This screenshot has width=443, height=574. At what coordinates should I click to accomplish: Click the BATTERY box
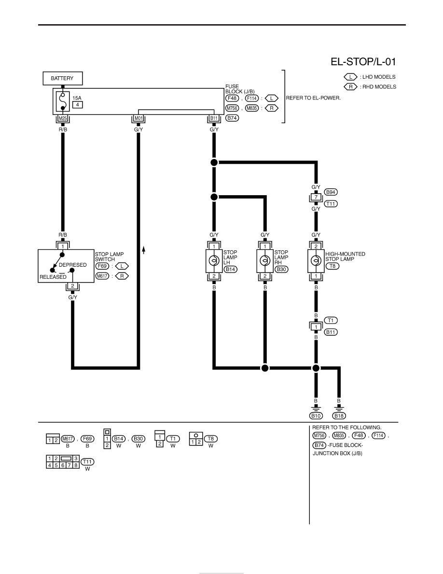point(63,78)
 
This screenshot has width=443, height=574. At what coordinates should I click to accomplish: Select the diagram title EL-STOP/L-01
point(363,61)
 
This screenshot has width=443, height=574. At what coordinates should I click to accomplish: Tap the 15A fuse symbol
point(63,101)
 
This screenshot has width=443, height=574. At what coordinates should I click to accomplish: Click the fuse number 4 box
point(77,105)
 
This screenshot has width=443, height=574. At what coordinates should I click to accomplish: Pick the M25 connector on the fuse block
point(63,118)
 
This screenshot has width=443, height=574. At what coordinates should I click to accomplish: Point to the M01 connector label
point(138,118)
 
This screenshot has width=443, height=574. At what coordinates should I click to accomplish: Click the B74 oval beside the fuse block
point(232,118)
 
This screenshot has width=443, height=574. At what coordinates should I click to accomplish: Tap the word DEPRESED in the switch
point(73,265)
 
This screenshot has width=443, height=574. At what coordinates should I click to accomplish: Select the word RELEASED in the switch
point(53,277)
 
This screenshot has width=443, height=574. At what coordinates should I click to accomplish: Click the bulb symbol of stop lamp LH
point(214,260)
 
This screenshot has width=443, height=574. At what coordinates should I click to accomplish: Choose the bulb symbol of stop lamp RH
point(265,260)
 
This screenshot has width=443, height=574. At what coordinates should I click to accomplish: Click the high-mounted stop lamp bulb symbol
point(316,260)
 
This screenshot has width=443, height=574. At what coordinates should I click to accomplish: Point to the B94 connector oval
point(331,192)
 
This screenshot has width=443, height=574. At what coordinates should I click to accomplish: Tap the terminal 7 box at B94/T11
point(316,197)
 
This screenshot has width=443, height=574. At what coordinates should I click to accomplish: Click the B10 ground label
point(316,416)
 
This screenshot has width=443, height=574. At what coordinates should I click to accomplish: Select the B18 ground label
point(339,416)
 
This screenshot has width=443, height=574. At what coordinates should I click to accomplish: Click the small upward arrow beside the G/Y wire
point(144,250)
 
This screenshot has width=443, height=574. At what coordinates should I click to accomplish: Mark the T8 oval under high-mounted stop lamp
point(332,266)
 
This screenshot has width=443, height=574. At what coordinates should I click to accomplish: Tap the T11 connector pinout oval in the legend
point(87,461)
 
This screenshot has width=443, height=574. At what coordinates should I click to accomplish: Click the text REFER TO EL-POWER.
point(313,98)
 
